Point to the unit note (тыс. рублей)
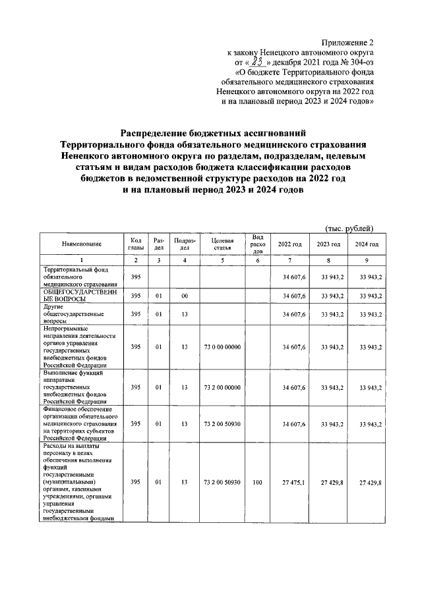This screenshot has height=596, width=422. coord(350,229)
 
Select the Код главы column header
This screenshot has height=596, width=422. coord(136,244)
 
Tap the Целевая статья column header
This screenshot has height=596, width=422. coord(223,244)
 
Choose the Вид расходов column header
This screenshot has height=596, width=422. coord(258,244)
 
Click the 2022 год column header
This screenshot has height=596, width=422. coord(290,244)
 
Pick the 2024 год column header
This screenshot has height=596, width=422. coord(366,244)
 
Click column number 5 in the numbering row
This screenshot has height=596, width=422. coord(223,261)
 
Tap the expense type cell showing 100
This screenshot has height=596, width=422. coord(258,482)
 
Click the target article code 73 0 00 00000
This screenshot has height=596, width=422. coord(223,346)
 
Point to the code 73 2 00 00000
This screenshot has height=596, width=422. coord(223,388)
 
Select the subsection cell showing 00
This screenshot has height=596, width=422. coord(185,296)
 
